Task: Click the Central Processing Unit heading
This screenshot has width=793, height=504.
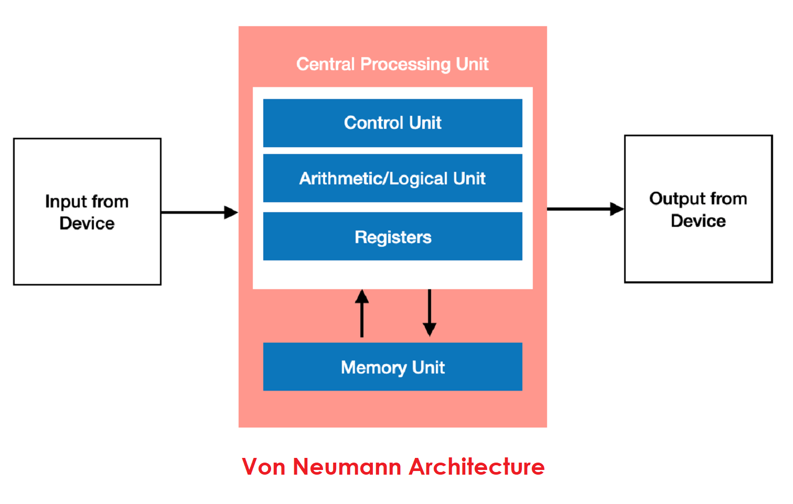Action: (x=392, y=64)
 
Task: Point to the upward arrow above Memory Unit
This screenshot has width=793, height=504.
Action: (x=362, y=313)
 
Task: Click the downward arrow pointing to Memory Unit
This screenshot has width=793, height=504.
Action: (x=430, y=313)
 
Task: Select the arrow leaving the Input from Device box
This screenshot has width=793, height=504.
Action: (x=199, y=212)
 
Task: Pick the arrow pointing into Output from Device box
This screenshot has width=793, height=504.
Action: (x=585, y=209)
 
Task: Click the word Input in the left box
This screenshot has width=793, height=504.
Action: (x=66, y=202)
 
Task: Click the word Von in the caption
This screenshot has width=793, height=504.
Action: (x=263, y=466)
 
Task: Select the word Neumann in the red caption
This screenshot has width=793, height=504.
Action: (x=347, y=466)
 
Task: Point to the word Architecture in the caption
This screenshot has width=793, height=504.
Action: (x=477, y=466)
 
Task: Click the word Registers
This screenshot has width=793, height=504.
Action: (x=393, y=237)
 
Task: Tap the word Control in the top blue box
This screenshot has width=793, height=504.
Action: (x=373, y=123)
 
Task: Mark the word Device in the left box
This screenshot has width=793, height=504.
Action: (x=87, y=223)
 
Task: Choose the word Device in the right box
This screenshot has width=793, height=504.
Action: (x=698, y=221)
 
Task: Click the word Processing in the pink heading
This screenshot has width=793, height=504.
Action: (x=406, y=64)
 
